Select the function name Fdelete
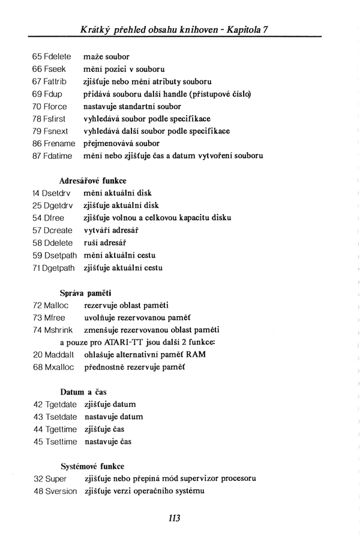point(57,56)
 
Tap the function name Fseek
point(55,69)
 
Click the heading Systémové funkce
point(92,466)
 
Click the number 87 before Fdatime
point(37,156)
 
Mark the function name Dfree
point(55,218)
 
